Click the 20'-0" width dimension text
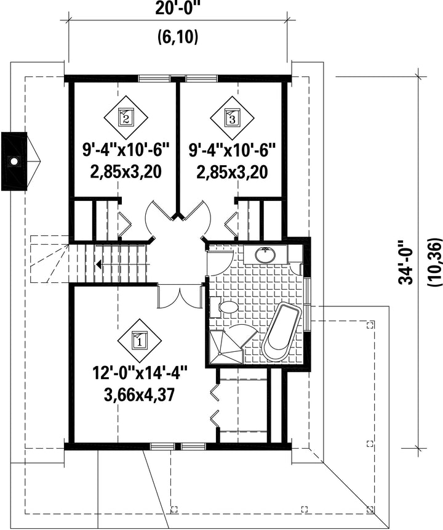pyautogui.click(x=178, y=9)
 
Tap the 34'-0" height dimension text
pyautogui.click(x=405, y=263)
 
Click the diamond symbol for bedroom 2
pyautogui.click(x=126, y=117)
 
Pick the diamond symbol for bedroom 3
pyautogui.click(x=232, y=118)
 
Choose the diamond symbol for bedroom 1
pyautogui.click(x=138, y=341)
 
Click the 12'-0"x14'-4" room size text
pyautogui.click(x=139, y=375)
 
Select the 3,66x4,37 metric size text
pyautogui.click(x=139, y=395)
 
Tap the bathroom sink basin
pyautogui.click(x=265, y=255)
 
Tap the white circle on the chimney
pyautogui.click(x=14, y=161)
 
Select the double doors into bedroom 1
pyautogui.click(x=180, y=296)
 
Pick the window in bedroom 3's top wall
pyautogui.click(x=202, y=78)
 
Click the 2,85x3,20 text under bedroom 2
pyautogui.click(x=126, y=172)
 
